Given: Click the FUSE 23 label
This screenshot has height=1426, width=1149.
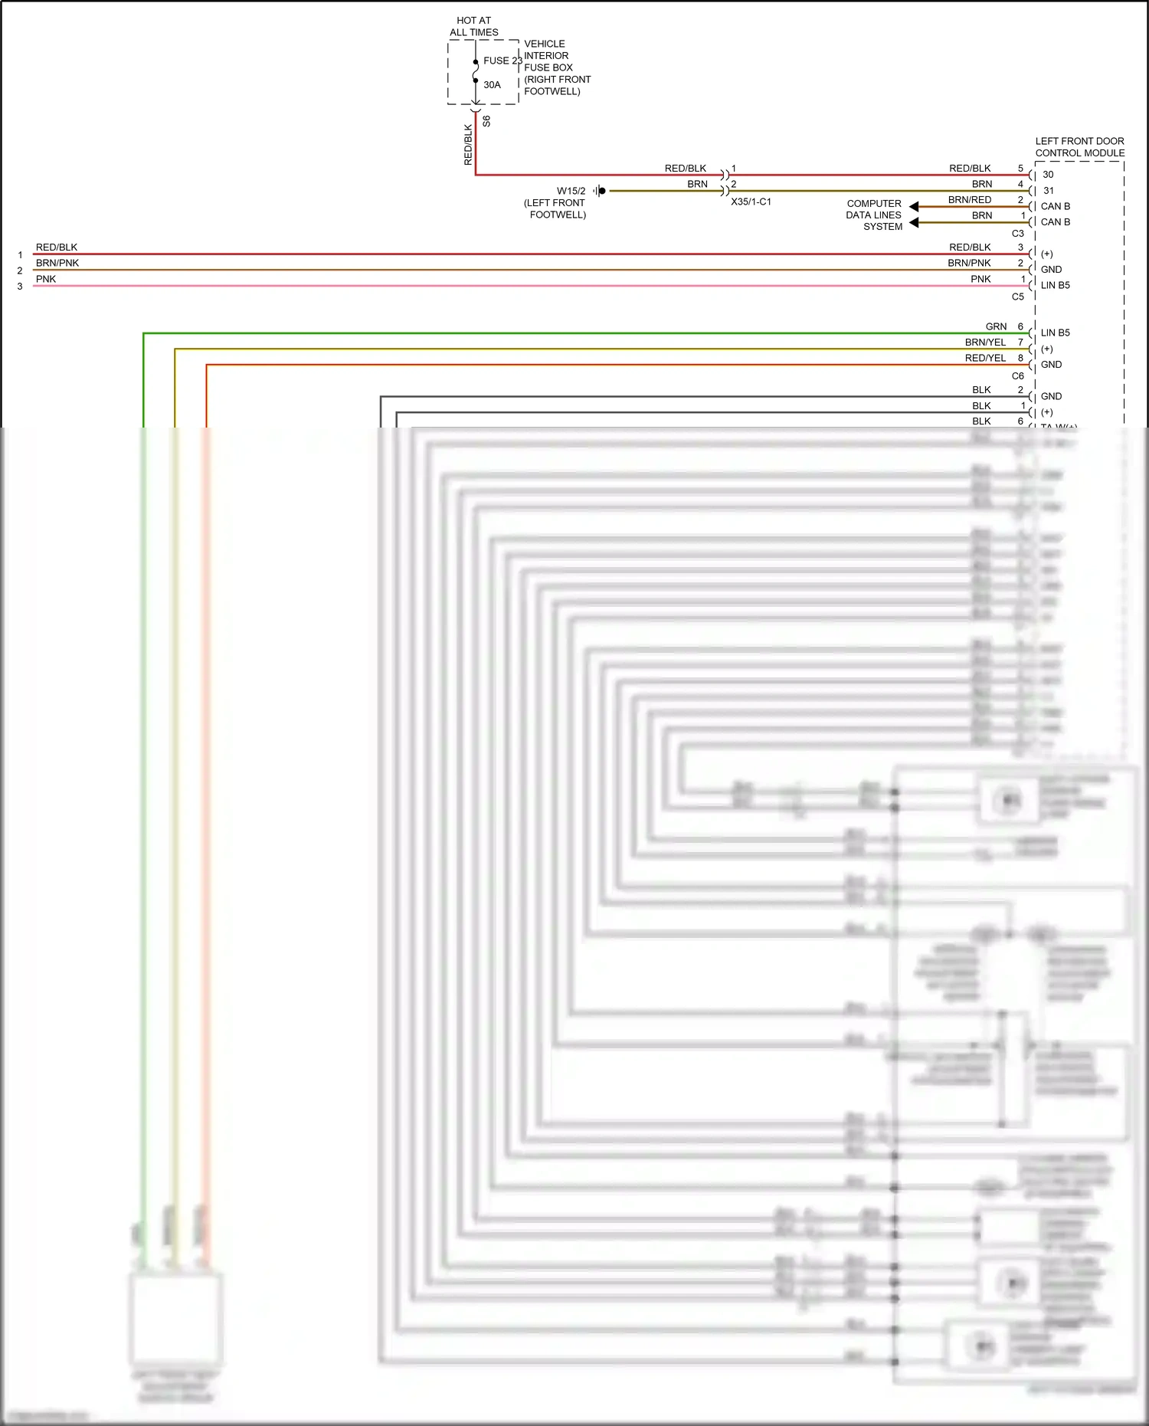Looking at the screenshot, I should [x=502, y=61].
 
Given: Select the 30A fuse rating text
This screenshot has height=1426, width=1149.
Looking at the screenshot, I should [x=492, y=85].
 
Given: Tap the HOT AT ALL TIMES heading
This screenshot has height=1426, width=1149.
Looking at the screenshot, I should [x=473, y=26].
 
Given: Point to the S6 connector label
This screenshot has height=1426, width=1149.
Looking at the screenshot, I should [x=486, y=121].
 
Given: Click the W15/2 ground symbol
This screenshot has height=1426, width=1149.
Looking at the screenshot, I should [x=601, y=191].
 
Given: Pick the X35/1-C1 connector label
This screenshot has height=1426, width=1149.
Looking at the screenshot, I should [x=751, y=202].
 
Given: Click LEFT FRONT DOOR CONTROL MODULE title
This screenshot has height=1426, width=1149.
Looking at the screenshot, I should [x=1079, y=147].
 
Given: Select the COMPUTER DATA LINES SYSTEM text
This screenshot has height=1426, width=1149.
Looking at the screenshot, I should [x=874, y=215].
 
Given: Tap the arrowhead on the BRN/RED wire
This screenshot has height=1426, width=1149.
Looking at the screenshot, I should [x=914, y=207].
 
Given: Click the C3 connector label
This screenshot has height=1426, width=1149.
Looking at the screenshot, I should [x=1017, y=234].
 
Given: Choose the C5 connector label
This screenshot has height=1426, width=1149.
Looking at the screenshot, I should [x=1017, y=297].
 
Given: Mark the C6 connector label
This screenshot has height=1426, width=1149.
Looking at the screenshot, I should [x=1017, y=376].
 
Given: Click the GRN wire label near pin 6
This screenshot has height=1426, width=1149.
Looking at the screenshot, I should [x=996, y=326].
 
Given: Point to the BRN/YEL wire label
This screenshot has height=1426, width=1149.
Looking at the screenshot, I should [x=985, y=343].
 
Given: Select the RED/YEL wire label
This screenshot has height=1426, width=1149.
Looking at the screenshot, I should [x=985, y=358].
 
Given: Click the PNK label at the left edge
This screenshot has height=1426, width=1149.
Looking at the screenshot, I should [x=46, y=279].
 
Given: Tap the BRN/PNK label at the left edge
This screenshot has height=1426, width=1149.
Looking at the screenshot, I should [x=57, y=263].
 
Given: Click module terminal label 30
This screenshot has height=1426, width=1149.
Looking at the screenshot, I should [x=1048, y=175].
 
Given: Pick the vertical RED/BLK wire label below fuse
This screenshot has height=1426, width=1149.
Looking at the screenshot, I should [x=468, y=145].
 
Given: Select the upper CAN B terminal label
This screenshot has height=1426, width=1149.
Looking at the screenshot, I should [x=1055, y=206].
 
